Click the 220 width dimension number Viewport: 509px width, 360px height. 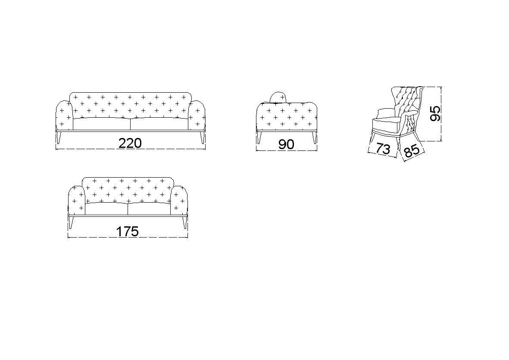pyautogui.click(x=130, y=143)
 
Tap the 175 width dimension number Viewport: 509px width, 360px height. pyautogui.click(x=127, y=232)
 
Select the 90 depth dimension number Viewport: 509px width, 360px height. pyautogui.click(x=286, y=144)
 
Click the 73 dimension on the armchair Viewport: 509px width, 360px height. pyautogui.click(x=383, y=149)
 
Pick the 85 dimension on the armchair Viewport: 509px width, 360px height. pyautogui.click(x=412, y=151)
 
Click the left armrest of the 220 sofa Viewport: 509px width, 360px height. pyautogui.click(x=64, y=115)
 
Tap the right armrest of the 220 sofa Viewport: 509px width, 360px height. pyautogui.click(x=197, y=115)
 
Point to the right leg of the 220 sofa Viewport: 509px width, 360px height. pyautogui.click(x=202, y=137)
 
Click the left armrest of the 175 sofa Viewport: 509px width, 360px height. pyautogui.click(x=77, y=200)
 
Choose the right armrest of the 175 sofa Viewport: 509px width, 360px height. pyautogui.click(x=179, y=200)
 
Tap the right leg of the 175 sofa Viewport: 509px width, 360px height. pyautogui.click(x=184, y=222)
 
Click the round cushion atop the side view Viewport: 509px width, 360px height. pyautogui.click(x=278, y=97)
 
